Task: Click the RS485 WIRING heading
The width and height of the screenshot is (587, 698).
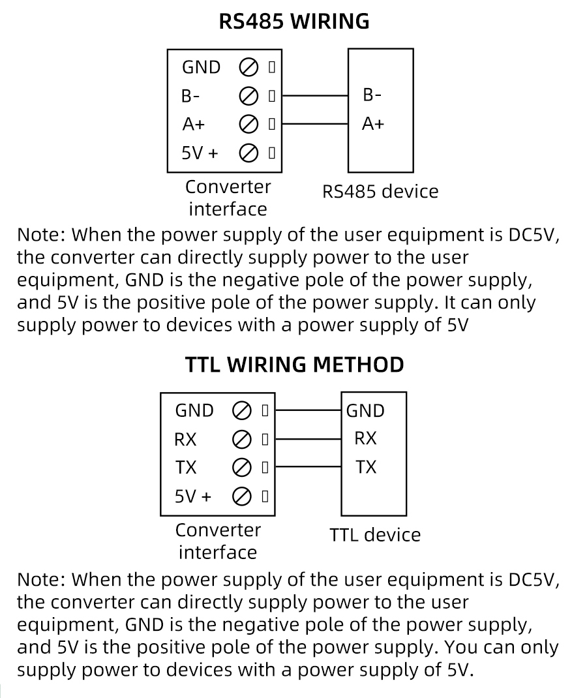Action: (293, 22)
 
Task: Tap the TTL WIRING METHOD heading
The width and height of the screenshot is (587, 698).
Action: (294, 364)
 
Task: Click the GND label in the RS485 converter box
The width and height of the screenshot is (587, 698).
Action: (201, 67)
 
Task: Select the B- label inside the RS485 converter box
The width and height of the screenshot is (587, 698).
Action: (190, 96)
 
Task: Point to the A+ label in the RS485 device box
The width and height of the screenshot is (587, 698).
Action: (372, 123)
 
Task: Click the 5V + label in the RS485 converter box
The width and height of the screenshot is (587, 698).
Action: (200, 153)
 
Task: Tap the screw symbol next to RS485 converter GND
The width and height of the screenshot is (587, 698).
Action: (248, 67)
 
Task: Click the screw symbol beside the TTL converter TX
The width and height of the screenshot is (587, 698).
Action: (241, 467)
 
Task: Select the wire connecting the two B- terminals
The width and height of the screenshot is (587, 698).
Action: (314, 95)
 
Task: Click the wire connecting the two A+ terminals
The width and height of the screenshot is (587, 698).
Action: (314, 123)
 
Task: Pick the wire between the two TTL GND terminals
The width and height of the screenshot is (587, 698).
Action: (308, 411)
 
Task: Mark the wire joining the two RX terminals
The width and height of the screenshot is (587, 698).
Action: (308, 439)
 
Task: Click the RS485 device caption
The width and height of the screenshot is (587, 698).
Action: (380, 192)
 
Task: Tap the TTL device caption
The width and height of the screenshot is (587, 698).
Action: (375, 535)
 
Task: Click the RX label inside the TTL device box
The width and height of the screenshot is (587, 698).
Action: (365, 438)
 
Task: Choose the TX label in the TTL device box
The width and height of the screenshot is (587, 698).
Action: (366, 467)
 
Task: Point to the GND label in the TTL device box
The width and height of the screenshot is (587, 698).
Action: (365, 410)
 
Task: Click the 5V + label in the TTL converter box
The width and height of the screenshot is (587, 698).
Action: (193, 496)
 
